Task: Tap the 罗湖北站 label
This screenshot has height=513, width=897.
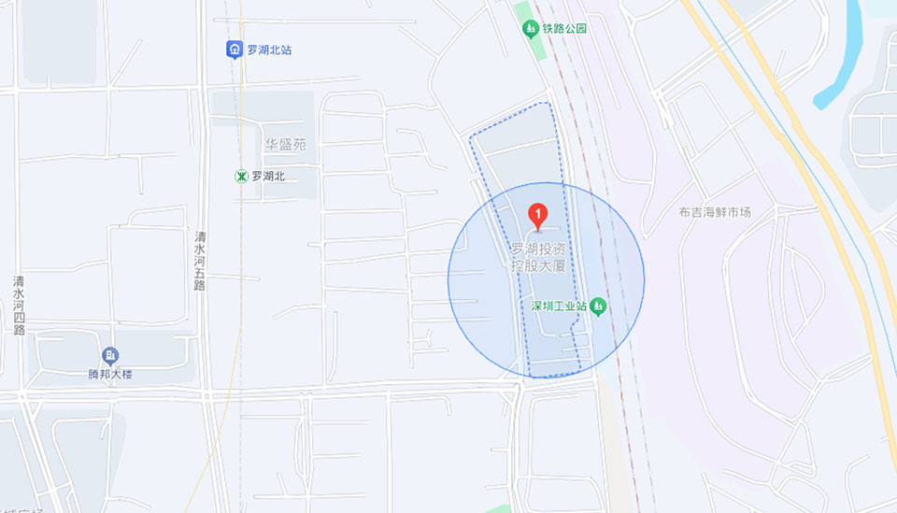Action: coord(269,50)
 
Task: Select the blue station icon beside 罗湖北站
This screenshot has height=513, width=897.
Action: coord(235,50)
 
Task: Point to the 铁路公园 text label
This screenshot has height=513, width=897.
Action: coord(565,29)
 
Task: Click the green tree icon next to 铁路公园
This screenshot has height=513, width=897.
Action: coord(530,30)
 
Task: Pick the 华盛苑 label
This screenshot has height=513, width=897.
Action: coord(284,145)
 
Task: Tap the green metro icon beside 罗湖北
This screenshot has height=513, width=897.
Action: coord(241,176)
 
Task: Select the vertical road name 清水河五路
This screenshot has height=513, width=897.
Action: coord(200,261)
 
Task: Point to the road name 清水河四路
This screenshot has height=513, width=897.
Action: coord(19,305)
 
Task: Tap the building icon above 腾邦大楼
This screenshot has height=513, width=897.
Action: coord(110,355)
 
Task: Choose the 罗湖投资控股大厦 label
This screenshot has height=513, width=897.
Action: coord(537,257)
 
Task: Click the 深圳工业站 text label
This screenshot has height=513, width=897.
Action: coord(558,306)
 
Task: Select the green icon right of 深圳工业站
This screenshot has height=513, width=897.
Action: coord(598,306)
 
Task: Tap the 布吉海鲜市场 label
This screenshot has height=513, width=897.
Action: coord(715,212)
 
